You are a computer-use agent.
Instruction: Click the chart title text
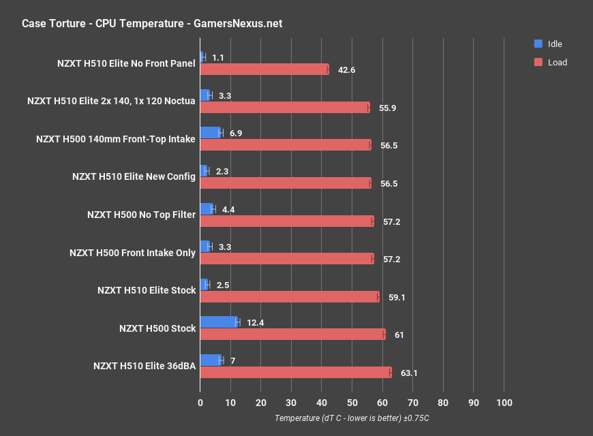pyautogui.click(x=152, y=24)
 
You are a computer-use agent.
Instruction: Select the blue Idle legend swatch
pyautogui.click(x=538, y=44)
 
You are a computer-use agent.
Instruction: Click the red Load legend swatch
pyautogui.click(x=538, y=62)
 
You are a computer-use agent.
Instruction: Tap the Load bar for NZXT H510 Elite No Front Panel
pyautogui.click(x=264, y=69)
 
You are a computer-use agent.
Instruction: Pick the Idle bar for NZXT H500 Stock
pyautogui.click(x=219, y=322)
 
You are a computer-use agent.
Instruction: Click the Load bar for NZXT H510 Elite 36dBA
pyautogui.click(x=295, y=372)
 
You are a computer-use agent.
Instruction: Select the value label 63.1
pyautogui.click(x=409, y=373)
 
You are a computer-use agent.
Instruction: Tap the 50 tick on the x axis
pyautogui.click(x=352, y=403)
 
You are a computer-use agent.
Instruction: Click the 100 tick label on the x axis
pyautogui.click(x=504, y=403)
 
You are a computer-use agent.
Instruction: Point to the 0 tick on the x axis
pyautogui.click(x=200, y=403)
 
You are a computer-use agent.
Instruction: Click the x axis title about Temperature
pyautogui.click(x=352, y=418)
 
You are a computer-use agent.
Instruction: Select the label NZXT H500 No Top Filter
pyautogui.click(x=141, y=215)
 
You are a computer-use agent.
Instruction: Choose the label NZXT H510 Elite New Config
pyautogui.click(x=134, y=176)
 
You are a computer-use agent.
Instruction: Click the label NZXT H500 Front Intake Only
pyautogui.click(x=132, y=253)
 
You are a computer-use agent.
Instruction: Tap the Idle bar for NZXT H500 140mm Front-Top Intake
pyautogui.click(x=210, y=133)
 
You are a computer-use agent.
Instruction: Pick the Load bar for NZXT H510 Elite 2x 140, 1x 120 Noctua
pyautogui.click(x=284, y=107)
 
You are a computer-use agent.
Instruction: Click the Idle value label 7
pyautogui.click(x=233, y=360)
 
